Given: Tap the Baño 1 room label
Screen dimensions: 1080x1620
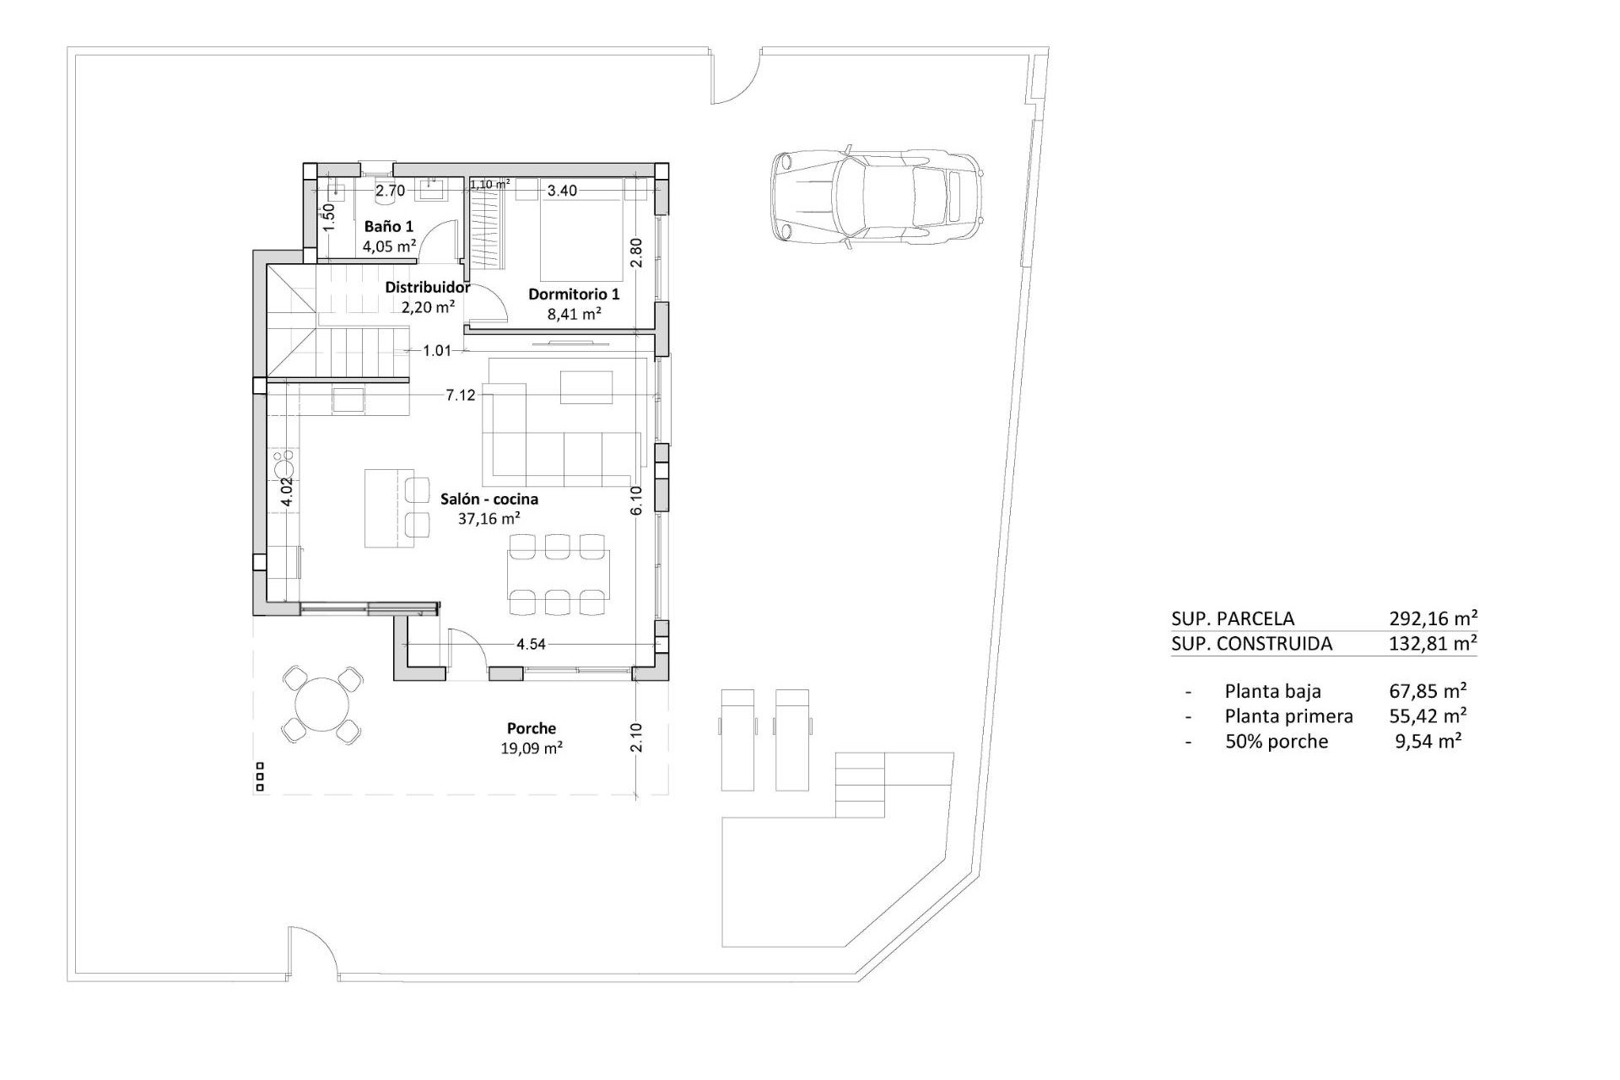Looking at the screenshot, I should tap(388, 226).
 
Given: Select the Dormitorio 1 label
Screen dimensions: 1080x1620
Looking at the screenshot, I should tap(574, 294).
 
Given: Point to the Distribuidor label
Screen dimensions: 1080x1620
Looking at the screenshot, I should tap(427, 288).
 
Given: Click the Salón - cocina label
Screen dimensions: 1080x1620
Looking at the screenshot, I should tap(489, 499).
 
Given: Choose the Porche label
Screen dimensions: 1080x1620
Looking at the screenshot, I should tap(531, 728).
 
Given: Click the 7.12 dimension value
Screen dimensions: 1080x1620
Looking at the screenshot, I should tap(461, 395).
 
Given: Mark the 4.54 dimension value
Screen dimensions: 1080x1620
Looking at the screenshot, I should tap(531, 645).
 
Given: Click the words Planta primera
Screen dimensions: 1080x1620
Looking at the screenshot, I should tap(1288, 716).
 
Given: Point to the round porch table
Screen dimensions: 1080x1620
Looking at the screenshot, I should tap(322, 703).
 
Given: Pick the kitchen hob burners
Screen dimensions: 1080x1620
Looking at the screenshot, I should tap(283, 464).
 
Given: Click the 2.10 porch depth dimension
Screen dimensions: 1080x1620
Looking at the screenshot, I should tap(636, 737).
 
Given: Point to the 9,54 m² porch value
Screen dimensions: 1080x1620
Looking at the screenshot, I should tap(1428, 742).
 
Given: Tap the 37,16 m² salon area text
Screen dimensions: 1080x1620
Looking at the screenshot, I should tap(489, 519).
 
